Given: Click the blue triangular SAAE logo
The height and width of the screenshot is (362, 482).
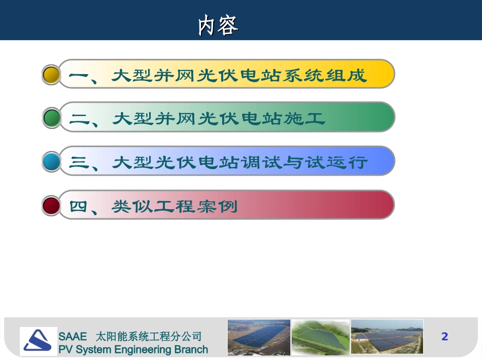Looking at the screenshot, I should coord(38,341).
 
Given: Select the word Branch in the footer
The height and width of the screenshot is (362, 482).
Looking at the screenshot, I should coord(189,349).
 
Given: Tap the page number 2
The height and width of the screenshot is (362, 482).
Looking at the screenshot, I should coord(445,336).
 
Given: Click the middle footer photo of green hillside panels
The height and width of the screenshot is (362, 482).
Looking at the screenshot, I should coord(320,336).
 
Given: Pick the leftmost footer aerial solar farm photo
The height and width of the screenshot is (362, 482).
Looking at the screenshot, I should coord(259,336).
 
